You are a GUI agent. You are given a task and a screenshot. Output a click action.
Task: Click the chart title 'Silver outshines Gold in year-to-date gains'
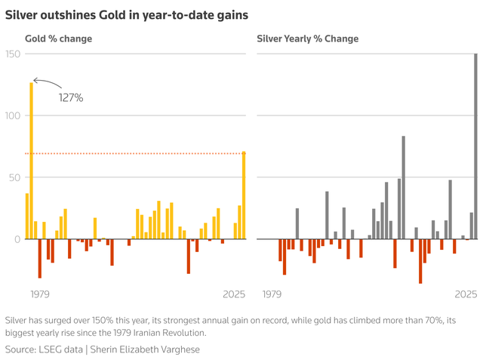pos(127,14)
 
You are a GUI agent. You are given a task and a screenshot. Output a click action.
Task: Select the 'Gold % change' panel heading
pos(59,38)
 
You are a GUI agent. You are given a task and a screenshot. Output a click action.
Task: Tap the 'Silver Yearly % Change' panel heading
pos(307,38)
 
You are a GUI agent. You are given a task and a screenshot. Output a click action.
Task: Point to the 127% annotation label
pos(71,97)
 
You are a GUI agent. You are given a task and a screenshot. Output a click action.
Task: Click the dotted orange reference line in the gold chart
pos(136,154)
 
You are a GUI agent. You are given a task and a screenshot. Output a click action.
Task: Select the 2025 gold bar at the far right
pos(244,195)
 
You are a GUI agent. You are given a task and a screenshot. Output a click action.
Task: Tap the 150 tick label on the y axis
pos(13,54)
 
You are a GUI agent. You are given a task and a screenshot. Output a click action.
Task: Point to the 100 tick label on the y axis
pos(13,115)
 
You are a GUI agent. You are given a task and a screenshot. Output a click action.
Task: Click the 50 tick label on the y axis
pos(15,177)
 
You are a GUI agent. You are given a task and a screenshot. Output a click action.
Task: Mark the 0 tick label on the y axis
pos(17,239)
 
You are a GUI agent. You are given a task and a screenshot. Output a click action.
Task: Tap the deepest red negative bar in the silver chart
pos(420,261)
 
